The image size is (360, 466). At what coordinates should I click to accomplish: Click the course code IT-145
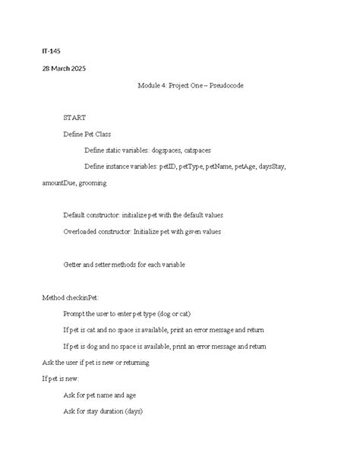click(51, 51)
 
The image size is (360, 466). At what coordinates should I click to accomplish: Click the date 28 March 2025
click(64, 68)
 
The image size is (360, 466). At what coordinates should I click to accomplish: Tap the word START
click(74, 117)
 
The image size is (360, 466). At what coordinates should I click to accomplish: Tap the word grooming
click(92, 183)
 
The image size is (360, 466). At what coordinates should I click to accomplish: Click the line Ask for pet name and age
click(100, 395)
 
